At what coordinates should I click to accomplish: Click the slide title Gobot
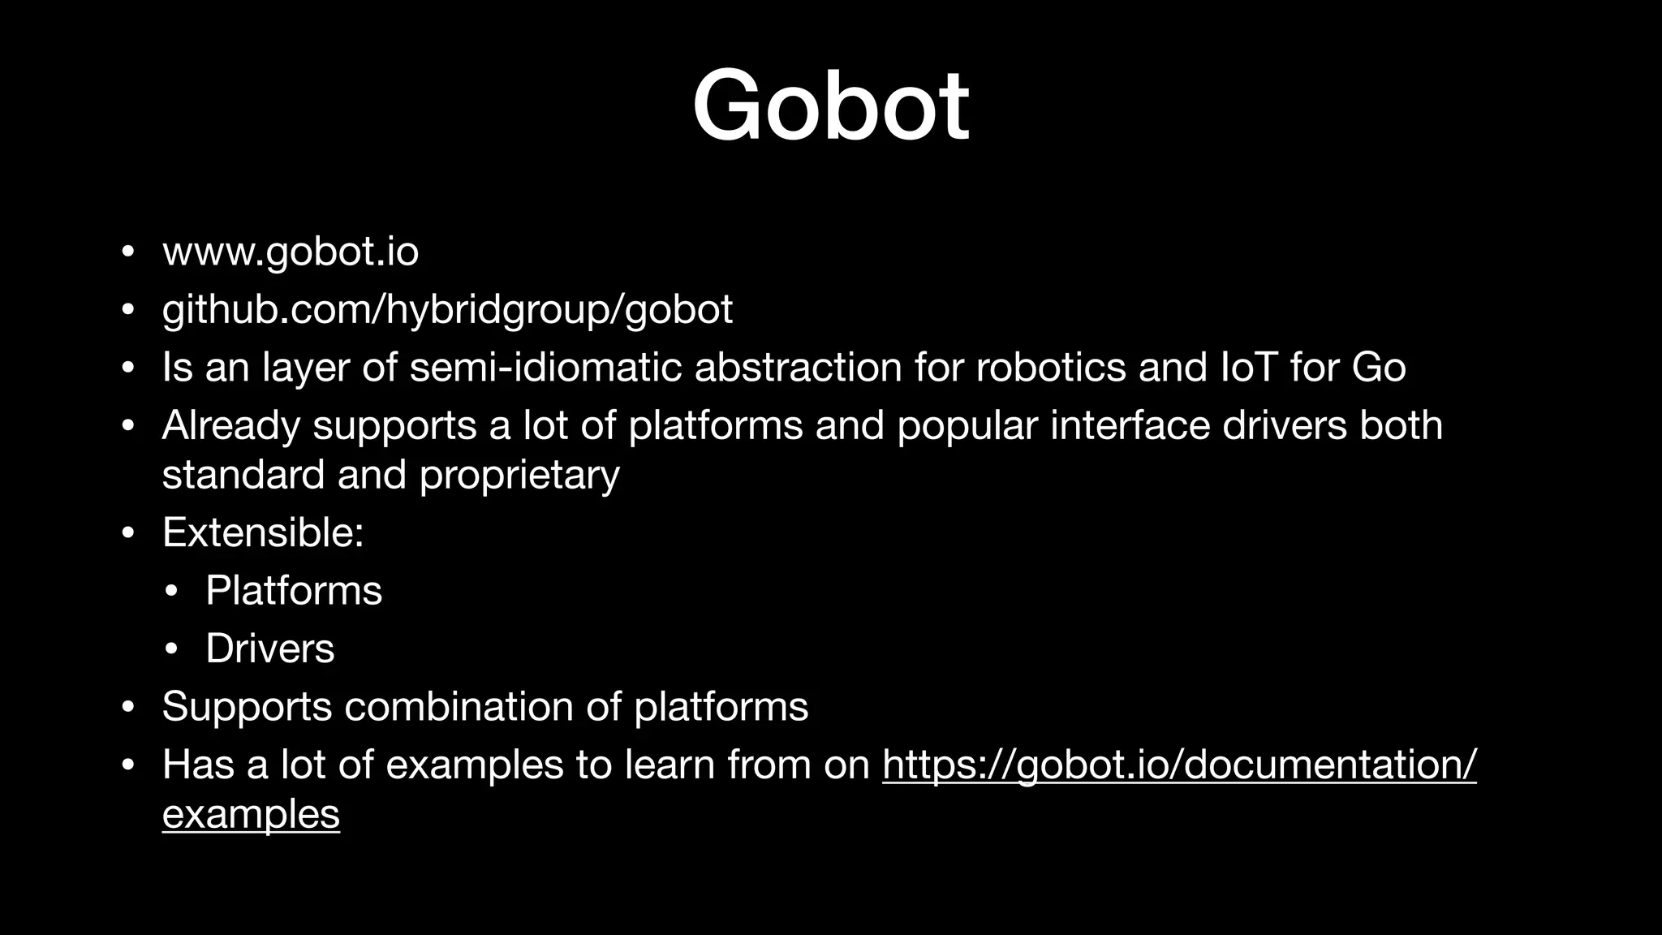point(830,106)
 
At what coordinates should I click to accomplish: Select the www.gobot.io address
point(291,252)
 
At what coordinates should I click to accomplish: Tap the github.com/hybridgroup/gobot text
point(447,309)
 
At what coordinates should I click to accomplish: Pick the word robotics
point(1050,367)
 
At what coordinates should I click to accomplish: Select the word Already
point(230,425)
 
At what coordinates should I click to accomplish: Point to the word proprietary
point(519,475)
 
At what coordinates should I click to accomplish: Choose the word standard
point(243,475)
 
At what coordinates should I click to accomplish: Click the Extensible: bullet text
point(263,533)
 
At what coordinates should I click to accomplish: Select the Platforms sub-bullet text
point(293,591)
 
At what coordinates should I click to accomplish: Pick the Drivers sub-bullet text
point(269,648)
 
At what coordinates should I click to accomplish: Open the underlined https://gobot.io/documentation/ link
point(1179,765)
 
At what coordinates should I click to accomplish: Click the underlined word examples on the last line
point(251,814)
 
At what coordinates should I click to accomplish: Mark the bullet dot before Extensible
point(127,534)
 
